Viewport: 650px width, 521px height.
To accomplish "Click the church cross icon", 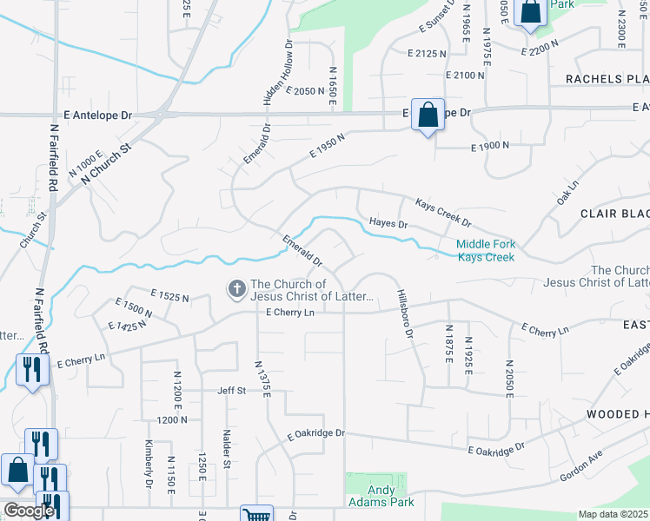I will [235, 290].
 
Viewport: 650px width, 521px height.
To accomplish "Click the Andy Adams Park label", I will [381, 496].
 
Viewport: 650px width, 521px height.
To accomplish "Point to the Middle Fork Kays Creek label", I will [487, 250].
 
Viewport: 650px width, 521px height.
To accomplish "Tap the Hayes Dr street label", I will [388, 223].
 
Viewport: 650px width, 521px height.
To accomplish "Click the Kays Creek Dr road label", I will [442, 212].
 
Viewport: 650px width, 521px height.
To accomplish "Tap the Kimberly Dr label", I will [149, 466].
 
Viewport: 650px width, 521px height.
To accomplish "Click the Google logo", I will [28, 511].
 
